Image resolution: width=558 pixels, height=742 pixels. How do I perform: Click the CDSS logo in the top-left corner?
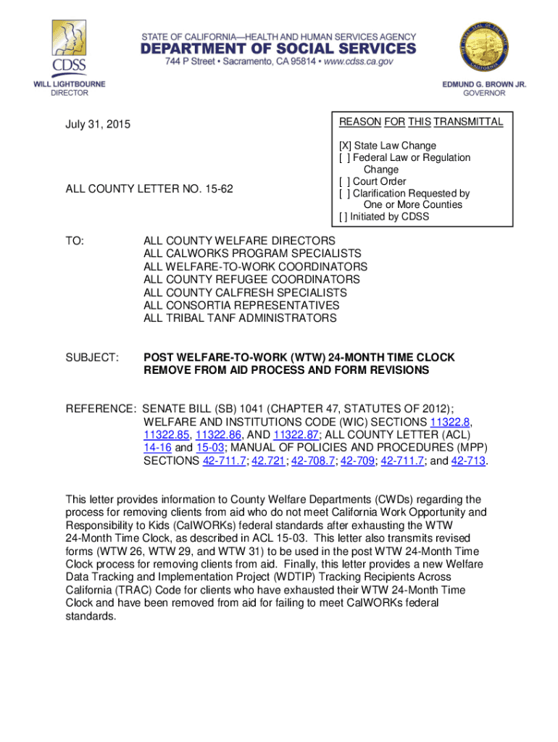(x=69, y=47)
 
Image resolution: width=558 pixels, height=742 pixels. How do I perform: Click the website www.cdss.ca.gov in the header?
(x=348, y=62)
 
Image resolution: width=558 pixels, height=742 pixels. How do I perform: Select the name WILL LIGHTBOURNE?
(x=70, y=84)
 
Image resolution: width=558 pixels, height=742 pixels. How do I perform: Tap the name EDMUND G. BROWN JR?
(x=484, y=84)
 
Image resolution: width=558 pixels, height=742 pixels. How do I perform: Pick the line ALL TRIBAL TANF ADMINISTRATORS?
(x=240, y=318)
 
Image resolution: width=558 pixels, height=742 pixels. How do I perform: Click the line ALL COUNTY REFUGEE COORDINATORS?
(x=251, y=279)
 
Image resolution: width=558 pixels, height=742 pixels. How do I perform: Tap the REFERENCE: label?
(x=101, y=409)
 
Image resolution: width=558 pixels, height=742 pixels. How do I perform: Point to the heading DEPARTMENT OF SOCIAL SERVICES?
(x=278, y=49)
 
